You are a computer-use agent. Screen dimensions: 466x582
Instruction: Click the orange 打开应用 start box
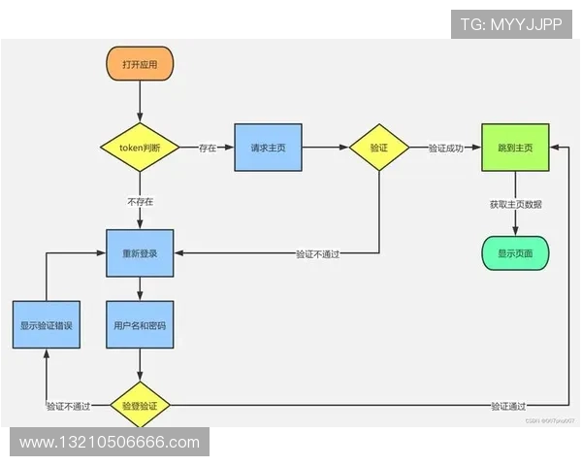click(140, 64)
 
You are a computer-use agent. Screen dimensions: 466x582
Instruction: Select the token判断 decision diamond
click(140, 148)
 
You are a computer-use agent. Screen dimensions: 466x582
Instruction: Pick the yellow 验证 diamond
click(378, 148)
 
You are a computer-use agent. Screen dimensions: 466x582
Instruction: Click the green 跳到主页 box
click(514, 148)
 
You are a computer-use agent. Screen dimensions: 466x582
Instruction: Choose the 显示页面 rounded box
click(514, 253)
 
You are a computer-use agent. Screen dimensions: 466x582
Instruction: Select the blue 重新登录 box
click(140, 253)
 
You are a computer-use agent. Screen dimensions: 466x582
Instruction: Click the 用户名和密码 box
click(140, 325)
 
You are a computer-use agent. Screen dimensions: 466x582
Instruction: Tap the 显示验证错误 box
click(46, 325)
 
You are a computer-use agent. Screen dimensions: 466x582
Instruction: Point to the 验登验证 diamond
click(140, 405)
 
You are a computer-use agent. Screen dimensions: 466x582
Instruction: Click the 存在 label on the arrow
click(208, 148)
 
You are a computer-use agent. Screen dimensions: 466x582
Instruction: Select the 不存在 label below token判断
click(140, 201)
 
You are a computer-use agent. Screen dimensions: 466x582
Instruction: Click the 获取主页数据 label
click(515, 204)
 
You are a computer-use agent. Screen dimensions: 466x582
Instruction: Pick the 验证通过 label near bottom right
click(508, 405)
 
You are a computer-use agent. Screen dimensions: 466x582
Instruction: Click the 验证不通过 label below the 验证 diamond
click(323, 253)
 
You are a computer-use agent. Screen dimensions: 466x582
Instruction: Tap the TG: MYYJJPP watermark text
click(512, 21)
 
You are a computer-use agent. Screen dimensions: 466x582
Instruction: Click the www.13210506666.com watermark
click(109, 443)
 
